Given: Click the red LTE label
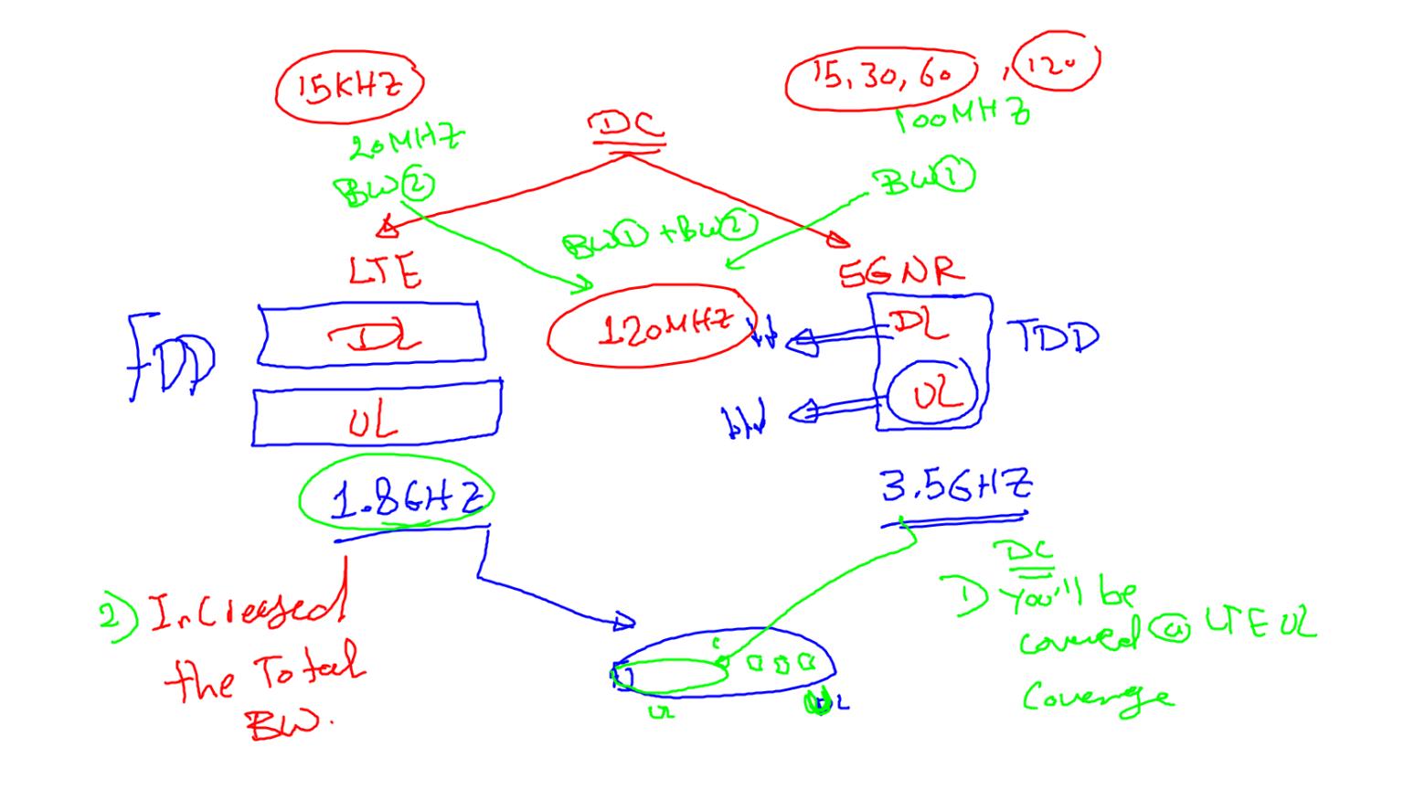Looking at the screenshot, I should (384, 272).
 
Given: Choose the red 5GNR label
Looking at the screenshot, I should (900, 270).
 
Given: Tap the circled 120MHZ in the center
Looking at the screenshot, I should (653, 326).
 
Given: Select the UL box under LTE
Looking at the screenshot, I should (375, 419).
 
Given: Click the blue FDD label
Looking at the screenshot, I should (171, 359).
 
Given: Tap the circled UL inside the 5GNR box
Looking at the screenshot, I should (933, 394).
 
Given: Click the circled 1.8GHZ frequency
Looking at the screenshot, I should (397, 498).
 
